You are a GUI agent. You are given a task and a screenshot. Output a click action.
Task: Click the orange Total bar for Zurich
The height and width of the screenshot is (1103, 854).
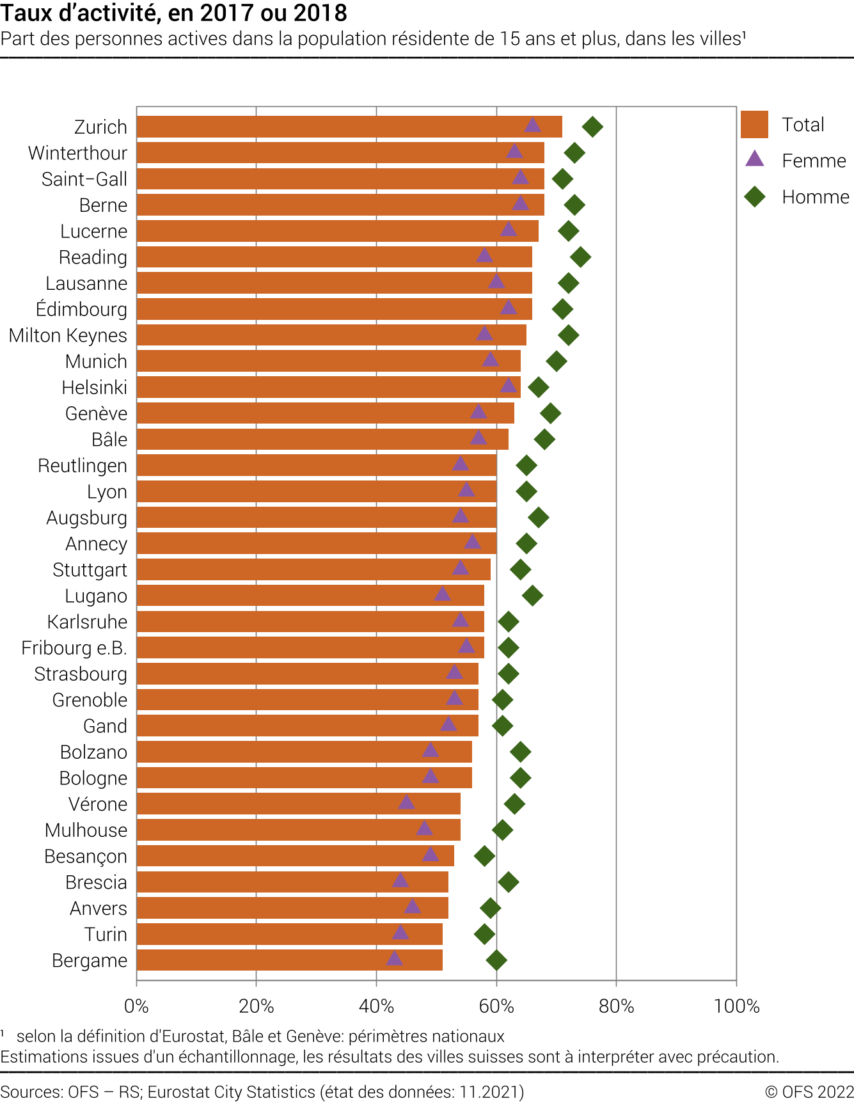[x=349, y=127]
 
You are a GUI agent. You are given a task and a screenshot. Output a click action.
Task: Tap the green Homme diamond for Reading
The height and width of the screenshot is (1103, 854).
[x=580, y=257]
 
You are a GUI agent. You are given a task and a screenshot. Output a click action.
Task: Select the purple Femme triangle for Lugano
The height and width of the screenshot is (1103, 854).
[x=442, y=594]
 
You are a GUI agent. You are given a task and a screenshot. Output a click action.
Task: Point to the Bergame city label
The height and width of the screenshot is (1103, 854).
[x=90, y=960]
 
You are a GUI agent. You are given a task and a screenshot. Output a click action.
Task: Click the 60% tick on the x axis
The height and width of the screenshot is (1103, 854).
[x=496, y=1006]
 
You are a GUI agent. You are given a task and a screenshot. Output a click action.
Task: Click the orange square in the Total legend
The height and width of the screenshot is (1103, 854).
[x=754, y=124]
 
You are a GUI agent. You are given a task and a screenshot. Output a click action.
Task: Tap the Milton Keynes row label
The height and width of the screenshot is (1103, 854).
[x=68, y=335]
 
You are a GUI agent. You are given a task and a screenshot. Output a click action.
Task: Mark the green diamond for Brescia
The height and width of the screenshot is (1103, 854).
[x=509, y=882]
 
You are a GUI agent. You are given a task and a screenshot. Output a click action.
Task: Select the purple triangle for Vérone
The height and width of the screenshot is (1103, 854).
[x=406, y=802]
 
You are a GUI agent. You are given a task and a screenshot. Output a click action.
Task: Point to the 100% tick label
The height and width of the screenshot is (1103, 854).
[x=736, y=1006]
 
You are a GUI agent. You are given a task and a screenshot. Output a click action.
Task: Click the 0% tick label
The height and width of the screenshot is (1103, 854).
[x=136, y=1006]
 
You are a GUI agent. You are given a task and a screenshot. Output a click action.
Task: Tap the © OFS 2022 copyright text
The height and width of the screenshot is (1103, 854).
[x=809, y=1091]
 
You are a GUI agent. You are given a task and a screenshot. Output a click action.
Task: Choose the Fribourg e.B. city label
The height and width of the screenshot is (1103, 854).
[x=74, y=648]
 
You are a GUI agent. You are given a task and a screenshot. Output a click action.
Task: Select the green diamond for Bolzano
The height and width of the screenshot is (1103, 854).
[x=521, y=752]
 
